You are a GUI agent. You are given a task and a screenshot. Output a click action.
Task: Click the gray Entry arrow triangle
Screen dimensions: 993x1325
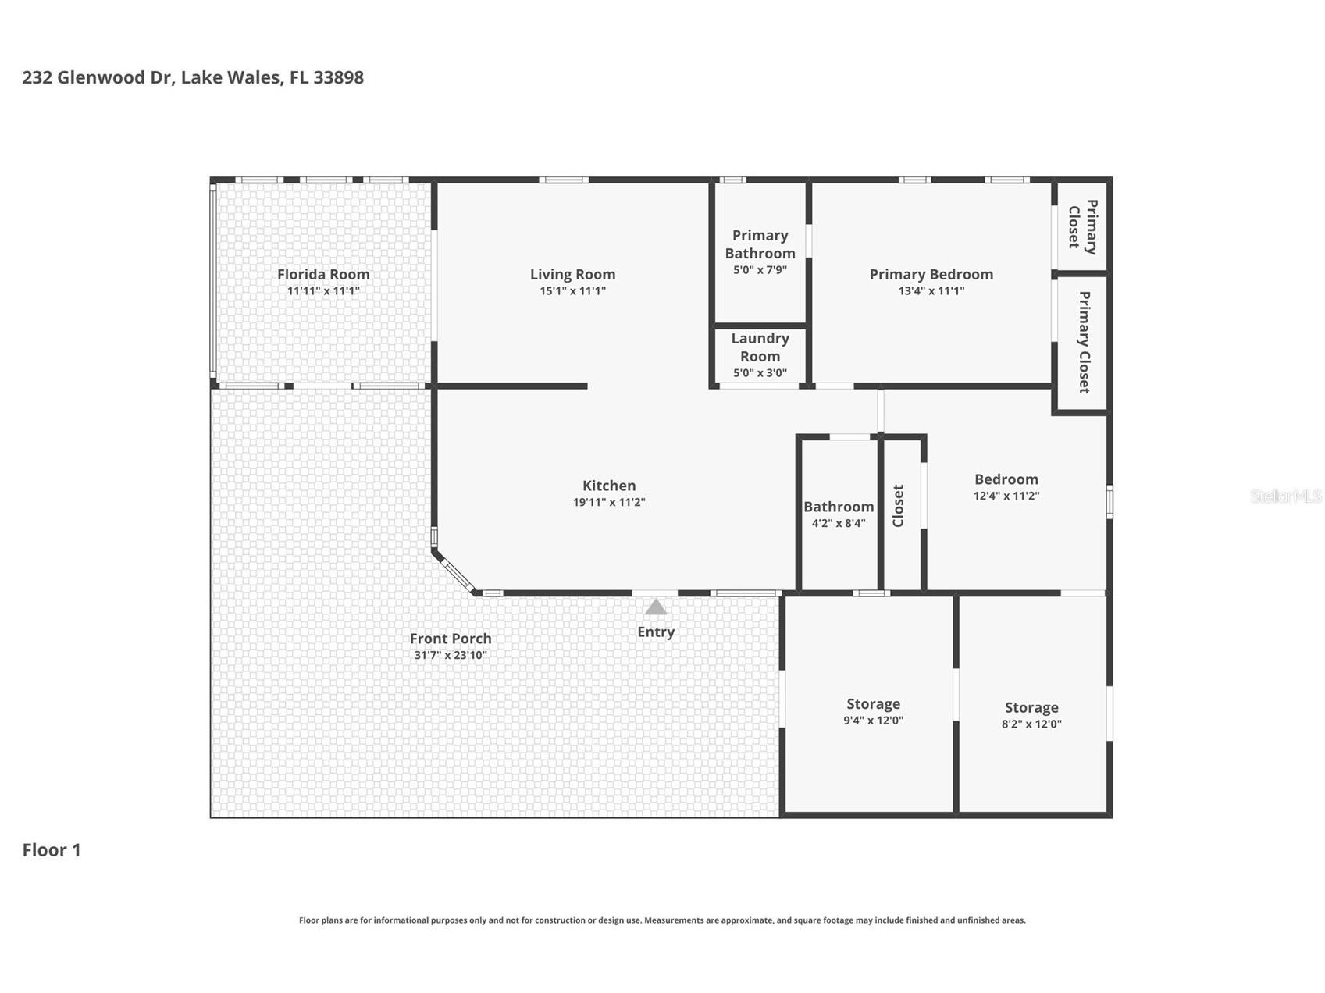coord(656,607)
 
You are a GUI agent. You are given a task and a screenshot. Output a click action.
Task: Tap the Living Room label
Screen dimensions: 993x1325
coord(572,274)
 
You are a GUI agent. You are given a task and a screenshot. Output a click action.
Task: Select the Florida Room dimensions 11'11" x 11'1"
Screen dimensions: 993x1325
coord(323,291)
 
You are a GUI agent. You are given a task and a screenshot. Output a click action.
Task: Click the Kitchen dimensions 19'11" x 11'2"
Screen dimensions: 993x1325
coord(609,503)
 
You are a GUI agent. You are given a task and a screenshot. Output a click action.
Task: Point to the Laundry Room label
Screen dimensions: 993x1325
coord(760,347)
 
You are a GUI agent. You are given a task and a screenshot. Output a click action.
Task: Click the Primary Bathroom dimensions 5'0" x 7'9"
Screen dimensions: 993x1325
coord(760,270)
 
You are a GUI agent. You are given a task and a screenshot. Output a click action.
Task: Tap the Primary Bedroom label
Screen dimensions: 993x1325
coord(931,274)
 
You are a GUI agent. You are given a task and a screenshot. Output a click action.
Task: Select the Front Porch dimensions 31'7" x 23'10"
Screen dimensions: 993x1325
coord(451,656)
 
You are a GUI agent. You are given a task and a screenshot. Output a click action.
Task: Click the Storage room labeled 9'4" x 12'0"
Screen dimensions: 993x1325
coord(873,711)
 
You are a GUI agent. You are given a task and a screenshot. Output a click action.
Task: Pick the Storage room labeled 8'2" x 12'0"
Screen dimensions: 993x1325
coord(1031,714)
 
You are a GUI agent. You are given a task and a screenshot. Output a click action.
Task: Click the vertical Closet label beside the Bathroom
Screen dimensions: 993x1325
coord(898,506)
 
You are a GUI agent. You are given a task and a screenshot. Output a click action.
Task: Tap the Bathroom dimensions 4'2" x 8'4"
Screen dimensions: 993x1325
coord(839,524)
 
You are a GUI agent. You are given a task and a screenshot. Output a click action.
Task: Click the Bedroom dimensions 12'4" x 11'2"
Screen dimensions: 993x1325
coord(1006,496)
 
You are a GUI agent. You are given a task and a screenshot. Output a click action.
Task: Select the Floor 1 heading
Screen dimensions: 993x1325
coord(52,850)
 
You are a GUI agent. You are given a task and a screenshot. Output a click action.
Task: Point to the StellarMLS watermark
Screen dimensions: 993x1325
coord(1285,496)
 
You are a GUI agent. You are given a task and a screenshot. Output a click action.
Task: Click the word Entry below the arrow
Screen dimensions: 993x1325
coord(656,632)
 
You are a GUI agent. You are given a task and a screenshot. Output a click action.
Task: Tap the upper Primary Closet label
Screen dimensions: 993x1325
coord(1082,227)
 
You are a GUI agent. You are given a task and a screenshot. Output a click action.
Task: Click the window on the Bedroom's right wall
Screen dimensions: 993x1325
coord(1109,501)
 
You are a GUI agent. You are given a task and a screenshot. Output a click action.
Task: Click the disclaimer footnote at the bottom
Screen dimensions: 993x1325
coord(662,920)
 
